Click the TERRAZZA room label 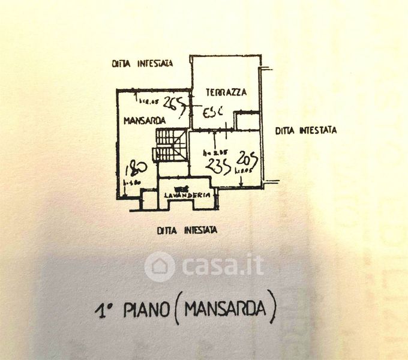coord(225,92)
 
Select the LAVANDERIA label coord(187,195)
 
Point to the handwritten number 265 coord(174,103)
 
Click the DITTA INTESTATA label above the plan coord(142,63)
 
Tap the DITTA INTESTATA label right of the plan coord(306,130)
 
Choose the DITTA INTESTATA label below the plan coord(187,230)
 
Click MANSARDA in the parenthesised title coord(225,310)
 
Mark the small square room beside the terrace coord(247,121)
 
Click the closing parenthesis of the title coord(272,310)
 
